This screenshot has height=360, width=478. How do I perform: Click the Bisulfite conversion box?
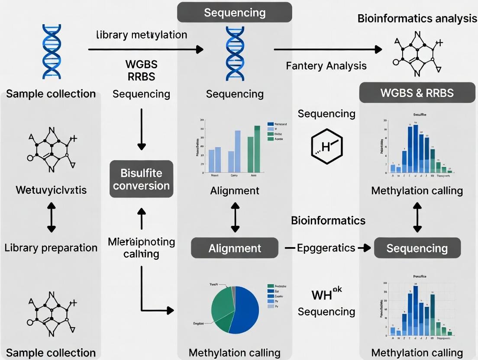point(141,179)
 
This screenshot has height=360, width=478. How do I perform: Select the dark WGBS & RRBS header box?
point(417,93)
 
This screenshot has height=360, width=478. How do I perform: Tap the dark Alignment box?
point(235,248)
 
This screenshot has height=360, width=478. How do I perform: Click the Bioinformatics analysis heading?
point(417,19)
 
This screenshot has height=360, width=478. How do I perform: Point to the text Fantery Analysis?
point(326,66)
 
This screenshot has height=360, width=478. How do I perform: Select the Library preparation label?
point(51,248)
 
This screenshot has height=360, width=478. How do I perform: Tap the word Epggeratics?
point(326,248)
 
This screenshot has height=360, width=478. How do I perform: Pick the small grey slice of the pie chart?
point(233,291)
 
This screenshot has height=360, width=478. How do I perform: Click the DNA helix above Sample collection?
point(51,52)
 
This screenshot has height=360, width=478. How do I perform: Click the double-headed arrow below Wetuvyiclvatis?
point(51,219)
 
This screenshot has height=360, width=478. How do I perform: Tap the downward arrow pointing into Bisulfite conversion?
point(142,130)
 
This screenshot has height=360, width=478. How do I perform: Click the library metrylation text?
point(142,35)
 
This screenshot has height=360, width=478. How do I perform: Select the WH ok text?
point(327,295)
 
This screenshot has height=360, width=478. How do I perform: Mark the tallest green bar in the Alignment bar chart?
point(257,148)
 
